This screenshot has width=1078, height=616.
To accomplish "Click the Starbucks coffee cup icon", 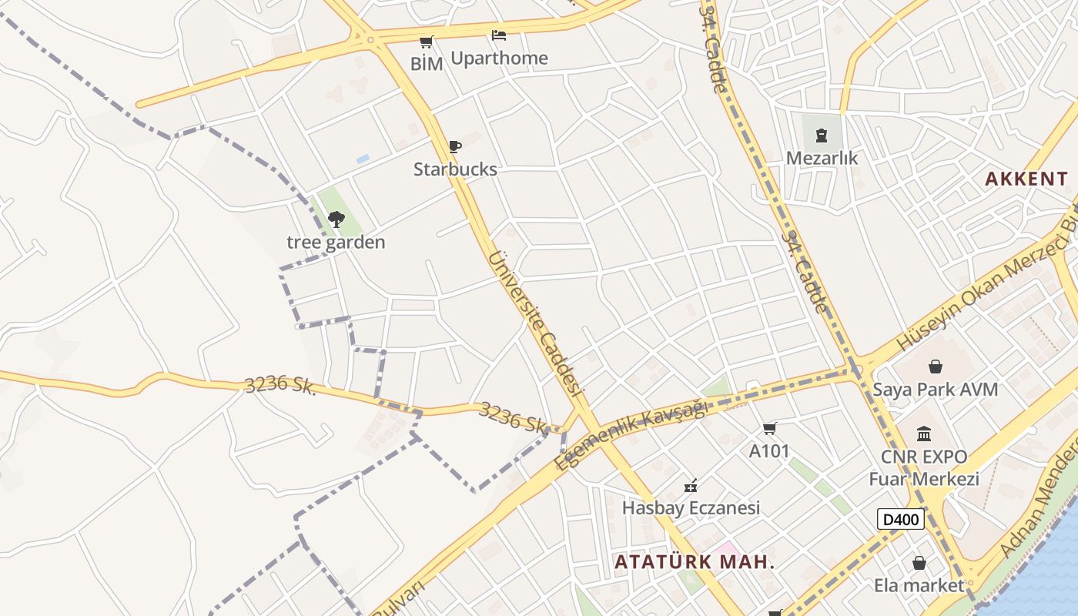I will pyautogui.click(x=455, y=146).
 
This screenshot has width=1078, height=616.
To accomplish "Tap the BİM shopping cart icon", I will pyautogui.click(x=426, y=42).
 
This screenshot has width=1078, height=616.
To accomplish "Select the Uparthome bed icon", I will pyautogui.click(x=499, y=35).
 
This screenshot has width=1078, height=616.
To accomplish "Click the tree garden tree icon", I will pyautogui.click(x=336, y=219).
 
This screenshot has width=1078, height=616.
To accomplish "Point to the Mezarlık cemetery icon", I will pyautogui.click(x=821, y=136).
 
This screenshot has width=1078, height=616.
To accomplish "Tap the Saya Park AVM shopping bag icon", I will pyautogui.click(x=935, y=367).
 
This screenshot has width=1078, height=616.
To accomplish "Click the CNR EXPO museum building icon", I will pyautogui.click(x=924, y=434).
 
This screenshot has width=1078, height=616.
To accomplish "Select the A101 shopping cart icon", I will pyautogui.click(x=769, y=428).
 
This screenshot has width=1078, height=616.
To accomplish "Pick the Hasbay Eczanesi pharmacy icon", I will pyautogui.click(x=691, y=486).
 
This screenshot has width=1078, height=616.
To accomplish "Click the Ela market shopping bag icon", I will pyautogui.click(x=919, y=564).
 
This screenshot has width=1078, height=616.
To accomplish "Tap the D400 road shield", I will pyautogui.click(x=900, y=519).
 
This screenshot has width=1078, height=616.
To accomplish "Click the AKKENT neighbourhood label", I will pyautogui.click(x=1026, y=179).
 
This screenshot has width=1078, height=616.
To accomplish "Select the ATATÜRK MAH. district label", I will pyautogui.click(x=695, y=561).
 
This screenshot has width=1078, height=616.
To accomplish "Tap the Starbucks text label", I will pyautogui.click(x=455, y=169).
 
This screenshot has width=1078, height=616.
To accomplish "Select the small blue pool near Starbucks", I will pyautogui.click(x=363, y=159).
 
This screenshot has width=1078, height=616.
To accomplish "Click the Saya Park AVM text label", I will pyautogui.click(x=935, y=390).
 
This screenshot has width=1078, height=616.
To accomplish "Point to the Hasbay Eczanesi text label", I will pyautogui.click(x=691, y=508).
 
